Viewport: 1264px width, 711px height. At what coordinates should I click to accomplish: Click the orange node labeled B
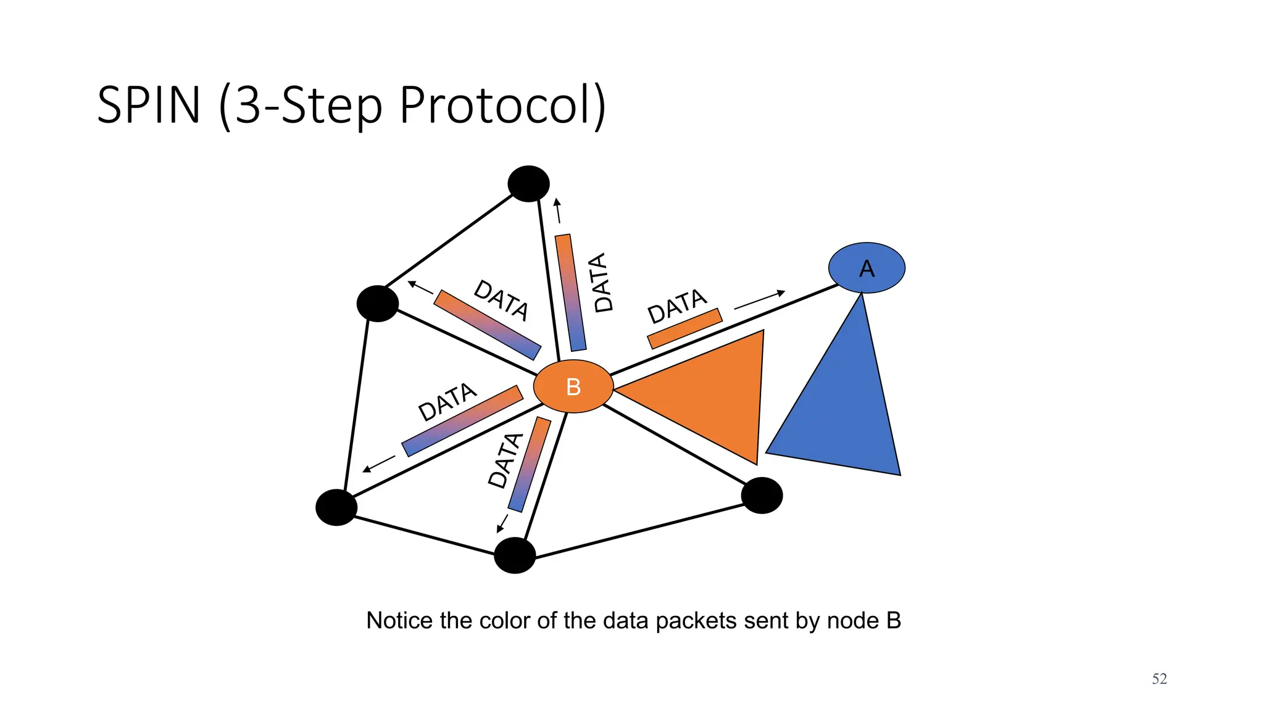[x=573, y=386]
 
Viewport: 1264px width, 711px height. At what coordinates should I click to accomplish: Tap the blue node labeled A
[x=867, y=268]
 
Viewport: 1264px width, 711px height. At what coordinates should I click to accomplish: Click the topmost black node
[x=528, y=183]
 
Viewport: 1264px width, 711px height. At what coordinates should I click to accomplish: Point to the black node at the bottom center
[x=515, y=555]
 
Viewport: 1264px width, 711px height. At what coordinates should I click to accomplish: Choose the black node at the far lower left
[x=336, y=507]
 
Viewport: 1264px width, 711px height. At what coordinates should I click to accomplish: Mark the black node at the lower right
[x=762, y=495]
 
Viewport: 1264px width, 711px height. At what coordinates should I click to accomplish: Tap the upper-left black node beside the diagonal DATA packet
[x=378, y=304]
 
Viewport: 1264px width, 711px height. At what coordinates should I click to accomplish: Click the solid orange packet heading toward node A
[x=684, y=328]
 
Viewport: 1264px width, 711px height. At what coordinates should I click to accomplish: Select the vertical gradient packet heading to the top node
[x=570, y=293]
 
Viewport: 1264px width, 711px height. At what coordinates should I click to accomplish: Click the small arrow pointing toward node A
[x=759, y=299]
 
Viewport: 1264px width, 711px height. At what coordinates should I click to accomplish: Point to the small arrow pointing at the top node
[x=558, y=210]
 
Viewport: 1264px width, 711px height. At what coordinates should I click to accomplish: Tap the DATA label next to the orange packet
[x=676, y=306]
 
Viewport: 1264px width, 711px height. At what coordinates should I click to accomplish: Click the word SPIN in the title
[x=149, y=105]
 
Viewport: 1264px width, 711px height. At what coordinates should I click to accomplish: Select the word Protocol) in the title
[x=502, y=105]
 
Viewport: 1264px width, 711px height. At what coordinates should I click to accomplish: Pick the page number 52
[x=1159, y=679]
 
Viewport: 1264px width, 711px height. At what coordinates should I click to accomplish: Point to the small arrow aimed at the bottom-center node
[x=502, y=523]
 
